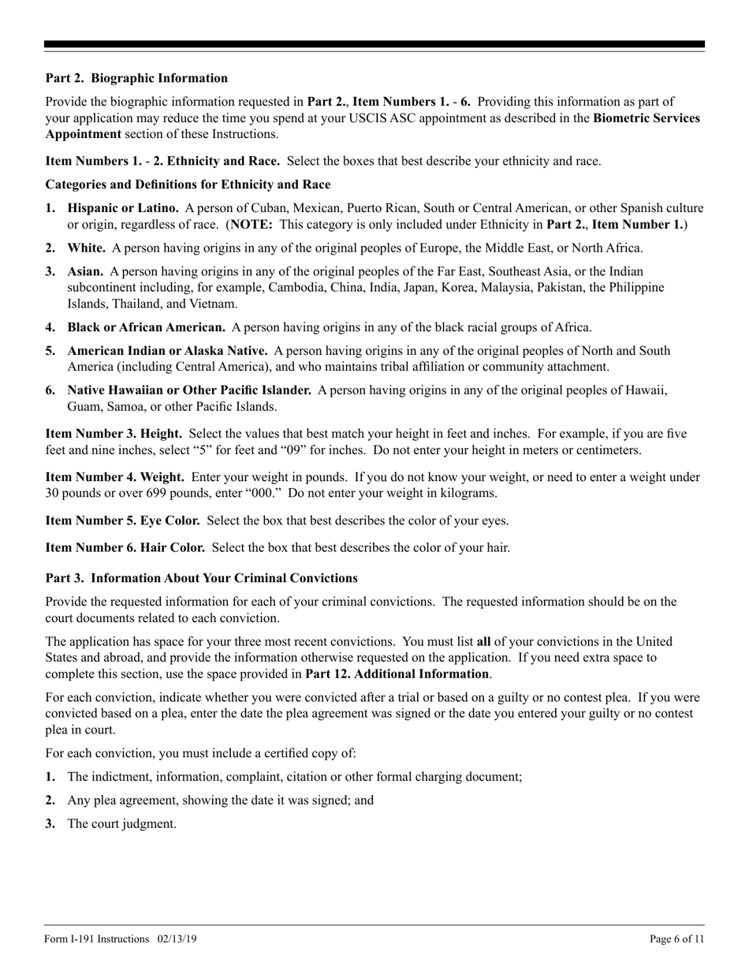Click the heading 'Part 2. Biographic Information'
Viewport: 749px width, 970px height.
[x=136, y=78]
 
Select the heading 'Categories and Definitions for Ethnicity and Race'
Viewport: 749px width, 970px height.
[x=188, y=185]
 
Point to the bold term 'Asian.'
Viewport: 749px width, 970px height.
[x=85, y=271]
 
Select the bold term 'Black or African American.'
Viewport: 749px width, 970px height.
[x=147, y=327]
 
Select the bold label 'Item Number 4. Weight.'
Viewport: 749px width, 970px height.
[x=115, y=477]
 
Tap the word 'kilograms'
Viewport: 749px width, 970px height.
[x=466, y=493]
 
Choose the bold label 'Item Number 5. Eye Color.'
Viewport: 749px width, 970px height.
[x=123, y=520]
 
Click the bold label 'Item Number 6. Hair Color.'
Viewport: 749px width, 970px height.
[x=125, y=547]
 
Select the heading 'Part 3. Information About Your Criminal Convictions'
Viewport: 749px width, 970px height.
[x=201, y=578]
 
